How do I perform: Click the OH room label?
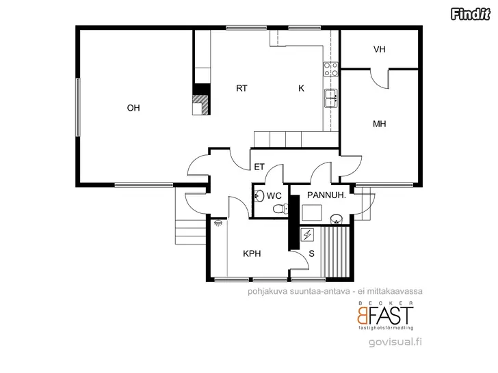click(x=133, y=108)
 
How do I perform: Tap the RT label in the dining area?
click(x=241, y=88)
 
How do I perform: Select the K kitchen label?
click(x=301, y=88)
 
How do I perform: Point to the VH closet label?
click(x=379, y=49)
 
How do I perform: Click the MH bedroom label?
click(x=379, y=124)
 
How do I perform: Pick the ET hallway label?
click(x=259, y=167)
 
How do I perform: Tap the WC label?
click(x=274, y=195)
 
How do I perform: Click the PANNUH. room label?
click(x=326, y=195)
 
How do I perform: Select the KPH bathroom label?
click(x=252, y=253)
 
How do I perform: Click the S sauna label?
click(x=311, y=253)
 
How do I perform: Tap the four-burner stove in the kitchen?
click(x=330, y=69)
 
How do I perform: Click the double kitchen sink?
click(x=331, y=98)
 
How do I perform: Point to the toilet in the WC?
click(x=280, y=209)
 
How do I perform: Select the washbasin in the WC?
click(x=259, y=195)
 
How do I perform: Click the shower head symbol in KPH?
click(x=218, y=223)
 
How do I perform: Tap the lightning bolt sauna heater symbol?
click(x=307, y=235)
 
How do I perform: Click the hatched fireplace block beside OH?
click(x=201, y=105)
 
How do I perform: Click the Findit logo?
click(x=471, y=14)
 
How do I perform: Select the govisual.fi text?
click(x=395, y=342)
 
